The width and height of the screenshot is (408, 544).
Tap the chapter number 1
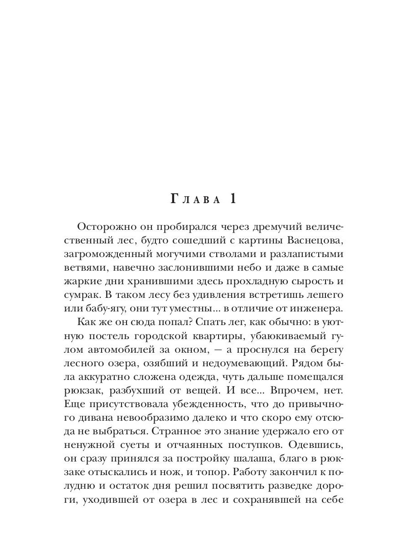click(x=232, y=199)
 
